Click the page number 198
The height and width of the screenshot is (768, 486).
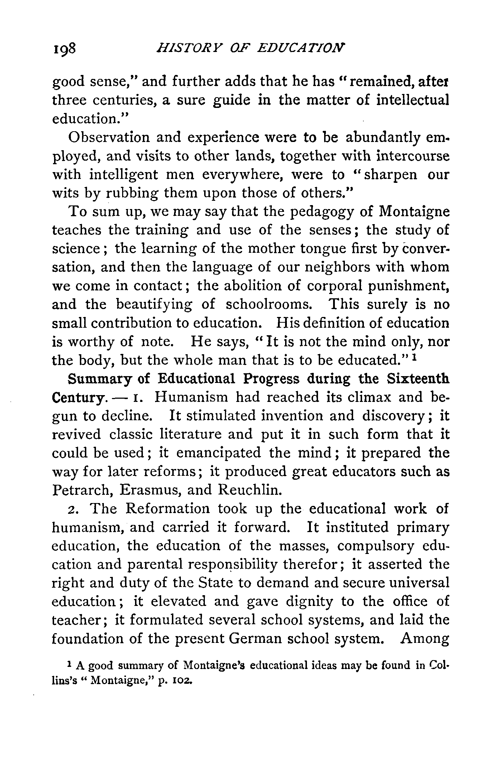coord(63,48)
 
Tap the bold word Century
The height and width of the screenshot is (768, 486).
coord(78,398)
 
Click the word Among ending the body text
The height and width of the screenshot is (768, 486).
coord(425,639)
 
